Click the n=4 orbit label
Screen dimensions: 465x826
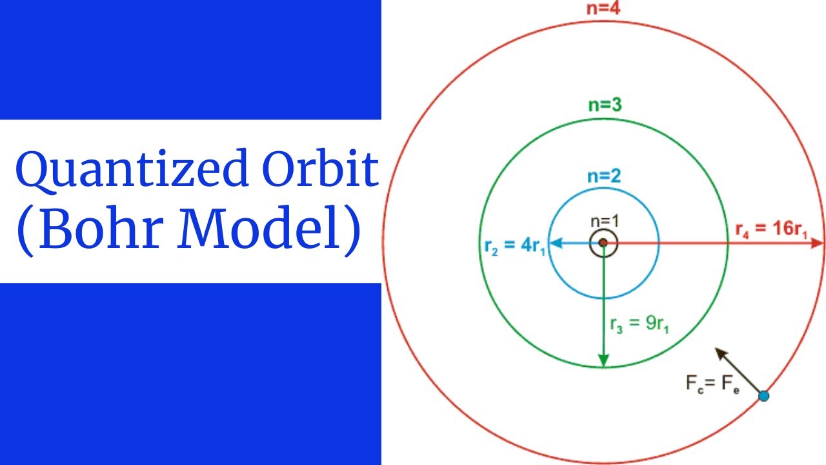pyautogui.click(x=604, y=7)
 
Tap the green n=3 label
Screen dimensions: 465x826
pyautogui.click(x=605, y=105)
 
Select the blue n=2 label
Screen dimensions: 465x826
pyautogui.click(x=604, y=176)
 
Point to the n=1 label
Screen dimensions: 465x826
pyautogui.click(x=605, y=222)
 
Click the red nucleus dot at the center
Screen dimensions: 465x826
pyautogui.click(x=603, y=243)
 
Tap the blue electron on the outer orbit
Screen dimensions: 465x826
pyautogui.click(x=764, y=395)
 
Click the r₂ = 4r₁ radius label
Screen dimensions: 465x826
pyautogui.click(x=516, y=246)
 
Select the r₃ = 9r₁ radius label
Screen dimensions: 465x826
pyautogui.click(x=640, y=324)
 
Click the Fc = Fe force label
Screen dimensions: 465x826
pyautogui.click(x=712, y=384)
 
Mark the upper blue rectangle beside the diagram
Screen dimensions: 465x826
pyautogui.click(x=190, y=59)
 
